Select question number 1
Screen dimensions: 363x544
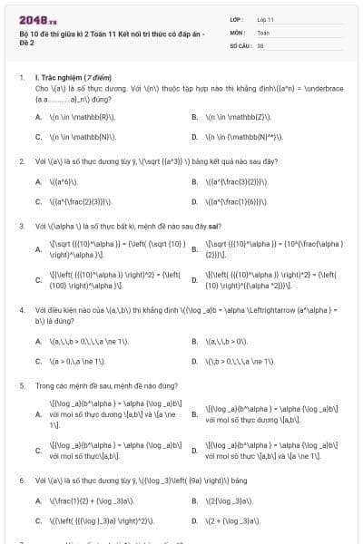coord(21,79)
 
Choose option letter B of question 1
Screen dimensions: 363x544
coord(194,117)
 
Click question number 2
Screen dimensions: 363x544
coord(21,160)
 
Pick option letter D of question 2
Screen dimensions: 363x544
coord(194,201)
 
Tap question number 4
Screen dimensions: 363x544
coord(21,309)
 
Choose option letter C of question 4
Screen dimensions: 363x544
coord(38,361)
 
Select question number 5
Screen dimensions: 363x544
coord(21,384)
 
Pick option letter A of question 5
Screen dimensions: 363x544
coord(38,413)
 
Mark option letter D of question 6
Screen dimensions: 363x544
coord(194,521)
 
